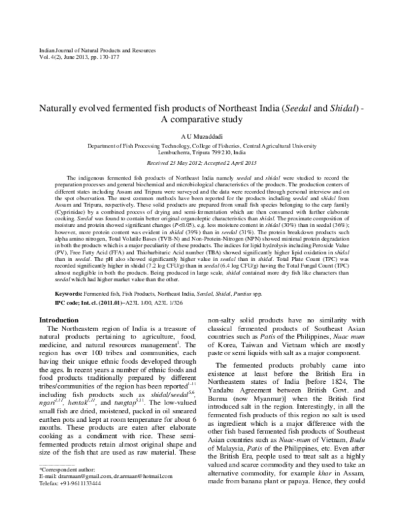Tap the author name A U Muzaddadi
(200, 134)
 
